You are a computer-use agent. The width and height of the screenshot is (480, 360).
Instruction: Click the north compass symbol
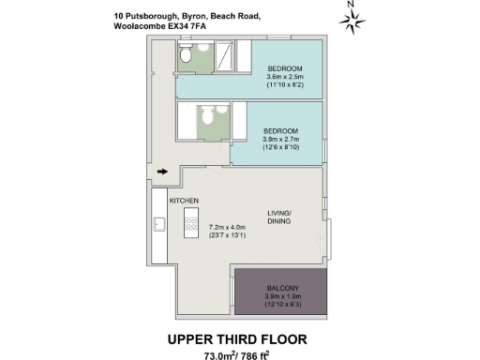[352, 19]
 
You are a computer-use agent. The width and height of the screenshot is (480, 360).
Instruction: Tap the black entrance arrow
[162, 172]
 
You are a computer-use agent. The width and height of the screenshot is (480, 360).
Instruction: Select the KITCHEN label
[183, 202]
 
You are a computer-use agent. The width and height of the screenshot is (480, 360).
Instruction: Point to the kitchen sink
[159, 226]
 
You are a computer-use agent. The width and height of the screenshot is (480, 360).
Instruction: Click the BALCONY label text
[281, 287]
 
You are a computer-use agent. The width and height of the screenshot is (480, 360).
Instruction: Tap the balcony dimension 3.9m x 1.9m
[281, 296]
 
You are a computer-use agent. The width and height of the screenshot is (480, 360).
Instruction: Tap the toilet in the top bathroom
[187, 59]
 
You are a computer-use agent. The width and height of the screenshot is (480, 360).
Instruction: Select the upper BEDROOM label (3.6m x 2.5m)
[284, 68]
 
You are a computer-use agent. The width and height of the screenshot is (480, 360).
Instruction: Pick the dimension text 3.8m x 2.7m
[280, 139]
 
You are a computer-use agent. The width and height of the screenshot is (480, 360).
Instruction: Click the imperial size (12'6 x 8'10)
[280, 147]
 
